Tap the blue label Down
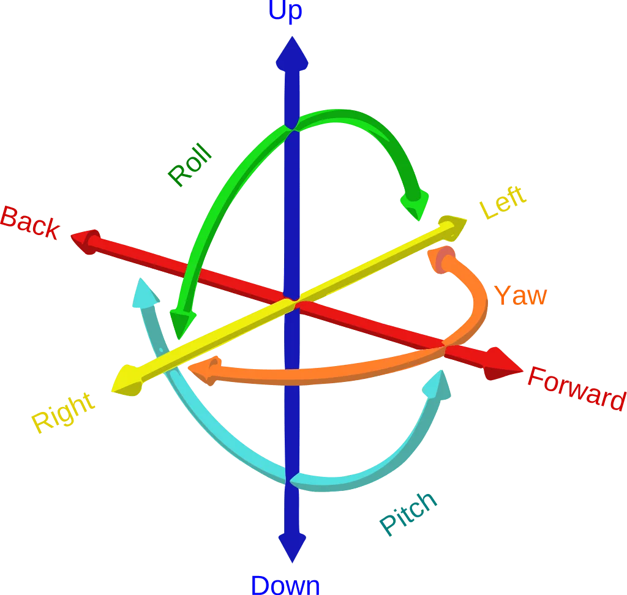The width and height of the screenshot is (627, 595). [x=285, y=585]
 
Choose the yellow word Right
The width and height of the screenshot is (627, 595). [x=64, y=414]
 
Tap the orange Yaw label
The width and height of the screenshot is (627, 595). [x=520, y=296]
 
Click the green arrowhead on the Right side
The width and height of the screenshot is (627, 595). [x=182, y=322]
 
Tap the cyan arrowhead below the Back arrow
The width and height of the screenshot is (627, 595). [x=145, y=294]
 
